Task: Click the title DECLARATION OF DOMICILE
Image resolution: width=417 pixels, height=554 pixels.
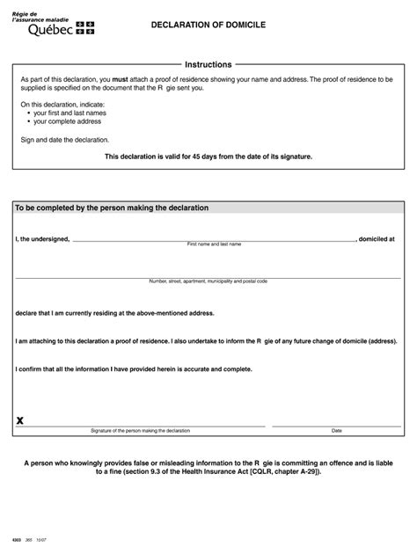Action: click(x=208, y=27)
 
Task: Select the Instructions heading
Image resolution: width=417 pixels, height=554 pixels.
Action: click(x=208, y=64)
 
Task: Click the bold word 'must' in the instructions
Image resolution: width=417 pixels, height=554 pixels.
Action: click(x=121, y=79)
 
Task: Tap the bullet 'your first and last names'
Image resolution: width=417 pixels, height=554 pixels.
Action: click(x=73, y=113)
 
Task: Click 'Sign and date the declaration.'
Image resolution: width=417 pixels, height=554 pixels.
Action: click(x=65, y=140)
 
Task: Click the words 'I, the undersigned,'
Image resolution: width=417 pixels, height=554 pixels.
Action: click(x=42, y=238)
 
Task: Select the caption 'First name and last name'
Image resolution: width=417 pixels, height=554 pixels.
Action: click(x=214, y=244)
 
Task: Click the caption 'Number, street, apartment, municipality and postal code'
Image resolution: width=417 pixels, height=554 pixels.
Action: click(x=208, y=281)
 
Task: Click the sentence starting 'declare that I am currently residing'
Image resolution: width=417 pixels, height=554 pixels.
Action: click(x=114, y=312)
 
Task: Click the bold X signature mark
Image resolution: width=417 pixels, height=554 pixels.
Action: click(x=20, y=422)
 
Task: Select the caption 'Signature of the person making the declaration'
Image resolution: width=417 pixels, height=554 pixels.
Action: click(x=140, y=431)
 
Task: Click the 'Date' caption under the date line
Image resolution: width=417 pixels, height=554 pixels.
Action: click(x=336, y=431)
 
